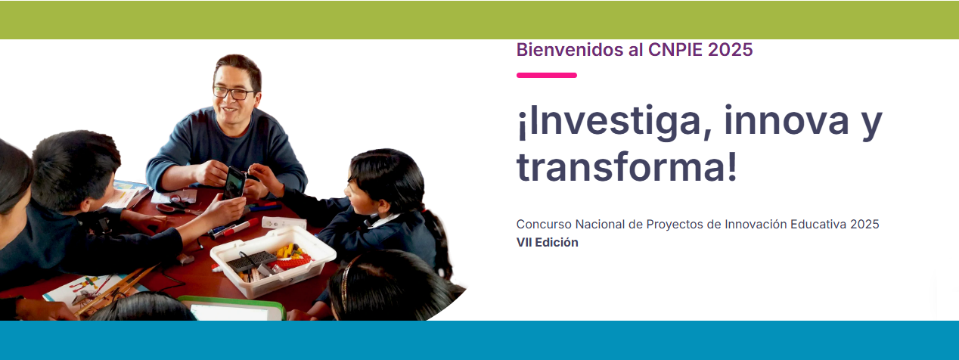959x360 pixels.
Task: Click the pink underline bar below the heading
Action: (x=547, y=76)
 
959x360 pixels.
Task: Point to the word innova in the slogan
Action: (x=787, y=121)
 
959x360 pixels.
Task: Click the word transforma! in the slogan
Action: (x=627, y=167)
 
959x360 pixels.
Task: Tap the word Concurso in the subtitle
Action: (x=544, y=225)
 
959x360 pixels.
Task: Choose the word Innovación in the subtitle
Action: (x=756, y=225)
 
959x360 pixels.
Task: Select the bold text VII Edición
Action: (x=547, y=242)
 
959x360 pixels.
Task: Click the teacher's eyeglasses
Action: (x=234, y=92)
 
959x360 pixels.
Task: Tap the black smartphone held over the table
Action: (x=234, y=183)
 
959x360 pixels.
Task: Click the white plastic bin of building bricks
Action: (x=273, y=261)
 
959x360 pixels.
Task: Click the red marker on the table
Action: (x=240, y=228)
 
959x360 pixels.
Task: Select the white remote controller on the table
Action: (x=284, y=222)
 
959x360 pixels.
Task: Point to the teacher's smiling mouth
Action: (x=229, y=110)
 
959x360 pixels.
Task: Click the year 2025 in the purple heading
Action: (x=730, y=50)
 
